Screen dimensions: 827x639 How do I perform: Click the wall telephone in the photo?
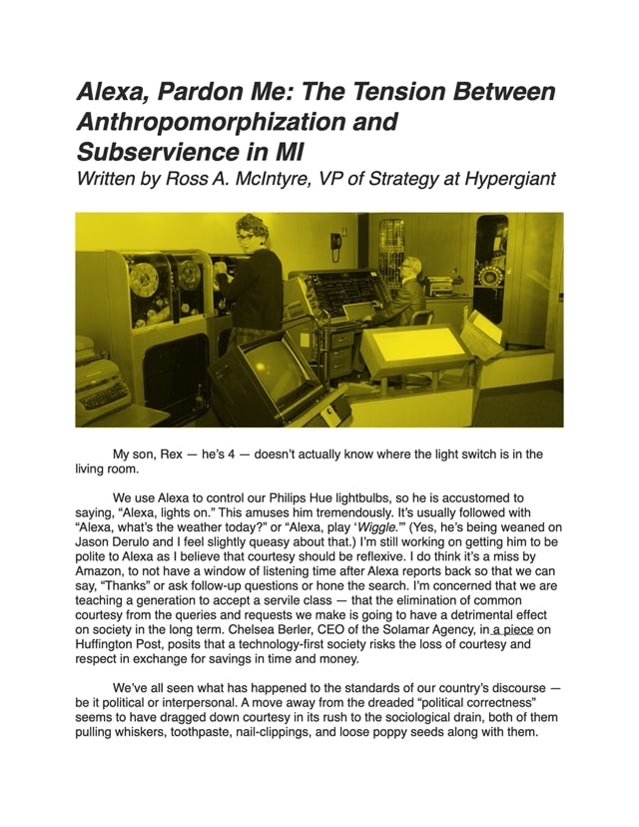[x=336, y=244]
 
